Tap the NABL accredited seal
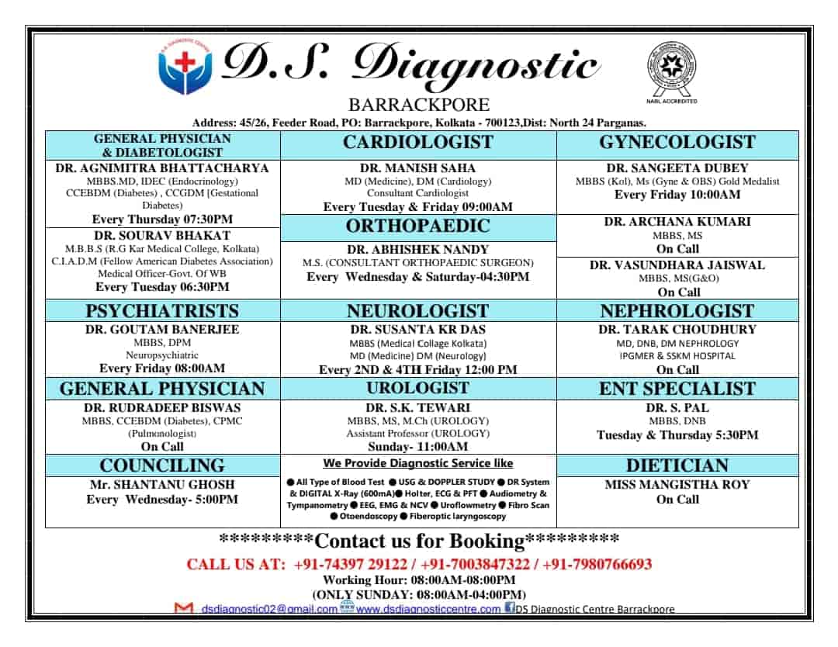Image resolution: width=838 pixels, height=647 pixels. click(x=672, y=68)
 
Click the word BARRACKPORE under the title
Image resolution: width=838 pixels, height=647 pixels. click(x=419, y=105)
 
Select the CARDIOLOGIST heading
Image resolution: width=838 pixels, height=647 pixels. click(x=418, y=142)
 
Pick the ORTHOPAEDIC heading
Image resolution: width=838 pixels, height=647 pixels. click(x=418, y=226)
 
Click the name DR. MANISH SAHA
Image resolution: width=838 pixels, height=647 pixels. click(x=418, y=168)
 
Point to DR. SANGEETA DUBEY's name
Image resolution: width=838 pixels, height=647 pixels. click(x=677, y=168)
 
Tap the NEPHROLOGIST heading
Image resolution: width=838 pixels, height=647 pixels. click(x=677, y=311)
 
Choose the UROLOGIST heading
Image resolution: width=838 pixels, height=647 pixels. click(x=418, y=388)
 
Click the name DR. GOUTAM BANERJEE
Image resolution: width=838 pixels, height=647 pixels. click(x=162, y=329)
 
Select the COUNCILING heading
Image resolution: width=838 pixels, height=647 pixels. click(x=162, y=465)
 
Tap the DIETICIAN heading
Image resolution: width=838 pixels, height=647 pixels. click(x=677, y=465)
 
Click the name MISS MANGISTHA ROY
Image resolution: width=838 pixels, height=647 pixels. click(x=677, y=485)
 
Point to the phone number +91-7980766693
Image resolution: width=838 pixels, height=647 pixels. click(x=597, y=564)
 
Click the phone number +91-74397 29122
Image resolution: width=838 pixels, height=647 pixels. click(x=350, y=564)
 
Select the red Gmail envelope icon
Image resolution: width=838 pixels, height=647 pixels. click(x=184, y=608)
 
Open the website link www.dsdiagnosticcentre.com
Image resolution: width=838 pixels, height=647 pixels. click(x=428, y=609)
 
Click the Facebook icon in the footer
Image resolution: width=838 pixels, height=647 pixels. click(x=509, y=607)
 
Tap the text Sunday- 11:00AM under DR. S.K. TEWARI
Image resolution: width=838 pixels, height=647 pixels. click(x=418, y=447)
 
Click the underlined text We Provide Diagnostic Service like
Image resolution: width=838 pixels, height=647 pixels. click(x=418, y=463)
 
